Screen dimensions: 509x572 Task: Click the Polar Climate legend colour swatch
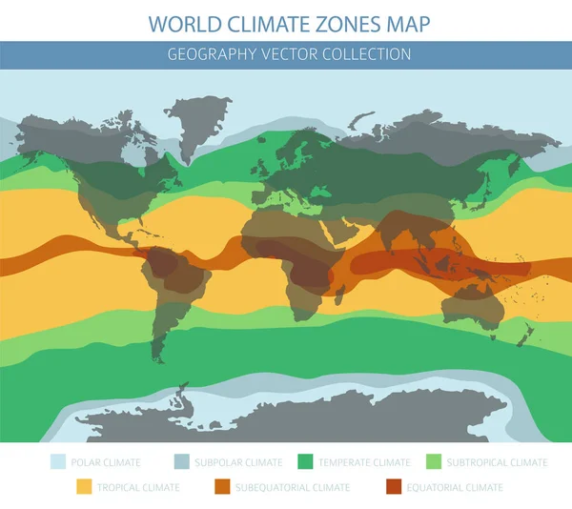[59, 462]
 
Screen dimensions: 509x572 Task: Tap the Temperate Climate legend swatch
[307, 462]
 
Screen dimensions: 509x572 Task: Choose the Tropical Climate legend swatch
[84, 487]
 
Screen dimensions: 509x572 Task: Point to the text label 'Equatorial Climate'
[452, 487]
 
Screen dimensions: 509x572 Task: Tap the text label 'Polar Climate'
[109, 462]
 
